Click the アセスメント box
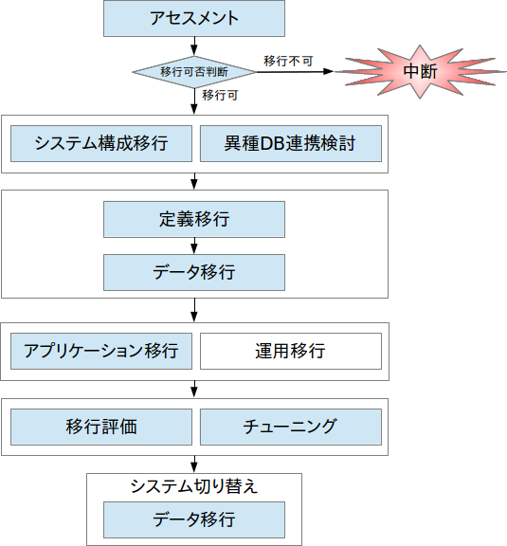(x=194, y=18)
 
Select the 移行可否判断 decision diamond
(x=194, y=72)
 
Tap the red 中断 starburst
(x=421, y=71)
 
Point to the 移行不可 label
(x=288, y=62)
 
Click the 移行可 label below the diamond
(x=220, y=95)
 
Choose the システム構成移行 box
(x=101, y=143)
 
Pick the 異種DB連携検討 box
(x=291, y=143)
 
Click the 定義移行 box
(x=194, y=219)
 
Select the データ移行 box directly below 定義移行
(x=194, y=272)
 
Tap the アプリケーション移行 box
(x=101, y=351)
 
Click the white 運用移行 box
(x=291, y=351)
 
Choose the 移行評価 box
(x=101, y=427)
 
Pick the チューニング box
(x=291, y=427)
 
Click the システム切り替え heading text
(x=194, y=486)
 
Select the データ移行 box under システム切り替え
(x=194, y=519)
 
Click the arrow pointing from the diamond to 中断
(x=295, y=72)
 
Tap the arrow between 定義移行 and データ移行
(x=194, y=246)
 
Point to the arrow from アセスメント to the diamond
(x=194, y=45)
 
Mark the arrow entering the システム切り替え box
(x=194, y=464)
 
